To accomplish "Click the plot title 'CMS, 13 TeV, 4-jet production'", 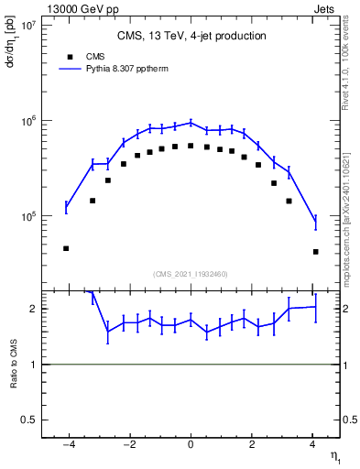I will point(191,36).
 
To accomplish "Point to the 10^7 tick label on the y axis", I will point(27,26).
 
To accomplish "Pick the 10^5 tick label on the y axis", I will point(27,217).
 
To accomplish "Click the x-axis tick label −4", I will point(69,444).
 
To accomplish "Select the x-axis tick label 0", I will point(191,444).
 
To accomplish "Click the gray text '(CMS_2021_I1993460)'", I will point(190,273).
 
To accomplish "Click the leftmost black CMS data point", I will point(66,248).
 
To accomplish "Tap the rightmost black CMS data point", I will point(315,251).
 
